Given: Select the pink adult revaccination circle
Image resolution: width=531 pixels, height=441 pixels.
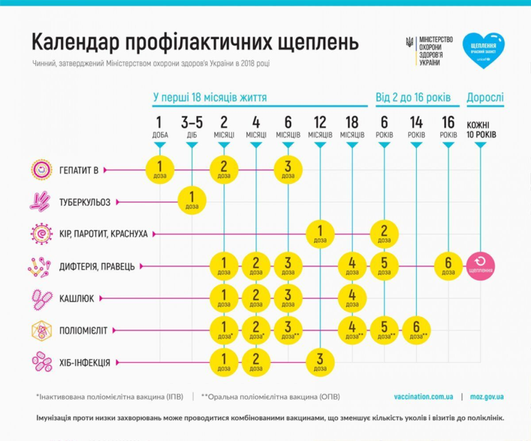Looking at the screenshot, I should click(480, 266).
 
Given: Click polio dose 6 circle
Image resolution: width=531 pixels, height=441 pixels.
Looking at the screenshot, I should click(416, 330).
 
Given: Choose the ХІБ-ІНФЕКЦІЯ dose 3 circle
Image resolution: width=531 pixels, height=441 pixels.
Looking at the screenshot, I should click(320, 362).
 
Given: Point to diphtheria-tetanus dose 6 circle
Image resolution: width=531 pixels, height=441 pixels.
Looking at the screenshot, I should click(449, 266).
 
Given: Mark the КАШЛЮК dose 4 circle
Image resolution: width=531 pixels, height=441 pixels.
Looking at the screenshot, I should click(352, 298).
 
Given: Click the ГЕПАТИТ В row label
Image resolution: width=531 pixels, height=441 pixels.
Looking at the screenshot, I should click(79, 170).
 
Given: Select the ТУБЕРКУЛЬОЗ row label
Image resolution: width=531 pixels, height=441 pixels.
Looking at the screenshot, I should click(85, 202).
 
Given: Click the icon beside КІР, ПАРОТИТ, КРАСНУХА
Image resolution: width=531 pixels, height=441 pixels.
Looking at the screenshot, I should click(40, 234).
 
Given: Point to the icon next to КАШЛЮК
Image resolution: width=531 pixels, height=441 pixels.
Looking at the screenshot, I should click(40, 298).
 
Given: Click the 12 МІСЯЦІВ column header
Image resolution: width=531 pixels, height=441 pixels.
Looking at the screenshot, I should click(320, 128).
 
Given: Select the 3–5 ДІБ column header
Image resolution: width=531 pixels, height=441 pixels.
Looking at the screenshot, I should click(192, 128).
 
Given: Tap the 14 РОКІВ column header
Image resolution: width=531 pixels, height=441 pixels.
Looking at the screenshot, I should click(416, 128).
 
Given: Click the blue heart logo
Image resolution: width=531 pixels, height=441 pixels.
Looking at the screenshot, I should click(483, 49).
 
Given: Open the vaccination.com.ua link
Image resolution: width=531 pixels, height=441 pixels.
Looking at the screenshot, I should click(423, 397).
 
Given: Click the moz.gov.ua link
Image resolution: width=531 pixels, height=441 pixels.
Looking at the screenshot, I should click(487, 397).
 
